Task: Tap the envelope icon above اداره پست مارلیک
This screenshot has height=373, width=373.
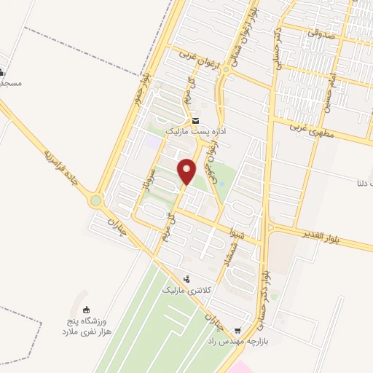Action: (195, 120)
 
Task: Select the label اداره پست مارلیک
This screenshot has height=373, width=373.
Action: (193, 132)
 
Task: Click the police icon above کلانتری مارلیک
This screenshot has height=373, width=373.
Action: (187, 278)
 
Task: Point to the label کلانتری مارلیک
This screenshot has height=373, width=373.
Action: (201, 290)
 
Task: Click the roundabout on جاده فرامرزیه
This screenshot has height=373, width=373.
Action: (96, 200)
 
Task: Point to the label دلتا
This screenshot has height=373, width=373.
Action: (362, 182)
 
